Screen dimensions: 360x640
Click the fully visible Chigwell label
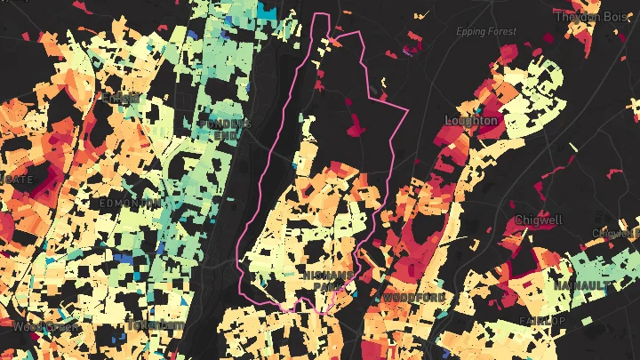(537, 220)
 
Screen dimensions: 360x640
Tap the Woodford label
(414, 296)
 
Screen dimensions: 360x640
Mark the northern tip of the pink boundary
(324, 15)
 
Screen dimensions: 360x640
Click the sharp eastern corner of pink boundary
(407, 111)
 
